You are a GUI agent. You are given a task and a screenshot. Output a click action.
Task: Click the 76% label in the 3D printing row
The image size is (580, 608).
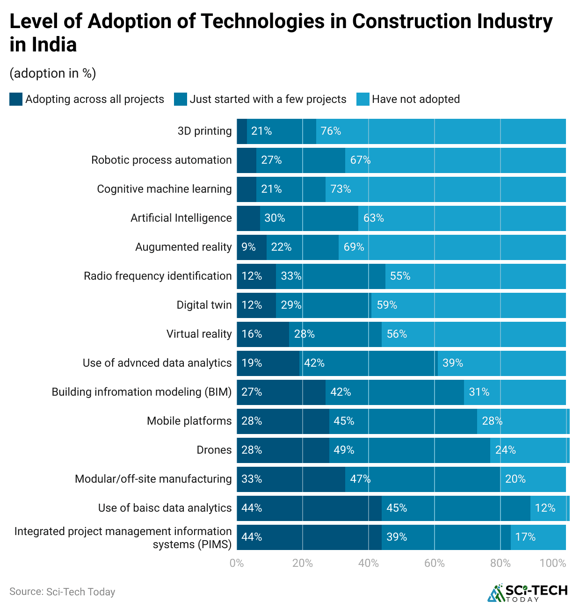tap(331, 131)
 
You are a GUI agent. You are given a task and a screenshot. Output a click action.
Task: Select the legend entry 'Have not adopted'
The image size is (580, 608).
tap(415, 99)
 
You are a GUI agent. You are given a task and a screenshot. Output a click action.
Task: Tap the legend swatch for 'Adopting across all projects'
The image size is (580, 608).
tap(16, 99)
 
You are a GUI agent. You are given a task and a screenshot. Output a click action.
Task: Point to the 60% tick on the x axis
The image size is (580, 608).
tap(434, 563)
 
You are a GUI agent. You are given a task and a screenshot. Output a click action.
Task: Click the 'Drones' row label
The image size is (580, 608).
tap(214, 450)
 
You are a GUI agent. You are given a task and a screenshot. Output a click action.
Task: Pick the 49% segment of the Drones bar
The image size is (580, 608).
tap(409, 450)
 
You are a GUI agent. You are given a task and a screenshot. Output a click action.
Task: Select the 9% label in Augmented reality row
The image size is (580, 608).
tap(248, 247)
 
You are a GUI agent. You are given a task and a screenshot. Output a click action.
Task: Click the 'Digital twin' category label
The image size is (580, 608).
tap(204, 305)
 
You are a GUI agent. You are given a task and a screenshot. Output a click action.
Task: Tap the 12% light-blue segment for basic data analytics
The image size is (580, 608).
tap(550, 508)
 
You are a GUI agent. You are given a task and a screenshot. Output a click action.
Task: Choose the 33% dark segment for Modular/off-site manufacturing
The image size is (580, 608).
tap(290, 479)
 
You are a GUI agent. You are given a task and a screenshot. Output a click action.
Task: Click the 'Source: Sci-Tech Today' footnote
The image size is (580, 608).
tap(62, 592)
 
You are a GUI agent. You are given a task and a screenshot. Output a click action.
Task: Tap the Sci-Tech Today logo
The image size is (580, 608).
tap(527, 593)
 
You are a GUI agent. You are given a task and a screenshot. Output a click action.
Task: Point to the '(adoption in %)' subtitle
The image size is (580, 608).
tap(52, 73)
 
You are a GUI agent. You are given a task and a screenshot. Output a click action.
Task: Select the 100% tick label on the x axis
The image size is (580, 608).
tap(552, 563)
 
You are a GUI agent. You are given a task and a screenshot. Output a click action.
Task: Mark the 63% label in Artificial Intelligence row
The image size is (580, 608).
tap(373, 218)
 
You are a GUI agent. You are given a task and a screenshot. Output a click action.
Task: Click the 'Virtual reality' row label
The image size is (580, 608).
tap(199, 334)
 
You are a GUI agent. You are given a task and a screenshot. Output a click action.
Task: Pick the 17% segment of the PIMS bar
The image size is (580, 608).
tap(538, 537)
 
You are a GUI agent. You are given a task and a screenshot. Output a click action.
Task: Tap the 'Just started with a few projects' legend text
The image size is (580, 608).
tap(268, 99)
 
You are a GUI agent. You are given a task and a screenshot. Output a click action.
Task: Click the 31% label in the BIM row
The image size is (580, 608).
tap(479, 392)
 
